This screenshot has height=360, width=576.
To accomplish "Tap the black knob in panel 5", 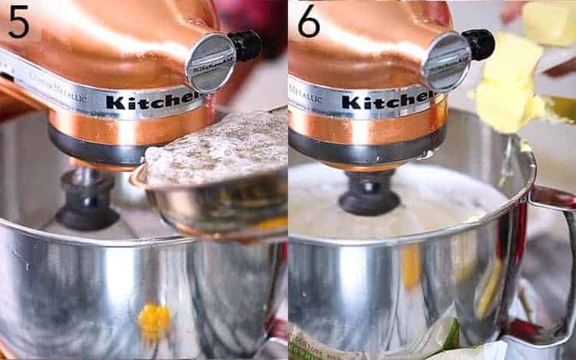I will [247, 45].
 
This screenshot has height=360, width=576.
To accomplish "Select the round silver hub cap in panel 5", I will [210, 62].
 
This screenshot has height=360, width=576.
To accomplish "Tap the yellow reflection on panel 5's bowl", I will [154, 316].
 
